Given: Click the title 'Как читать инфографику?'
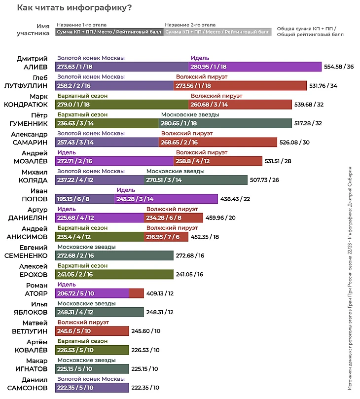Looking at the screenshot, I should (x=73, y=8).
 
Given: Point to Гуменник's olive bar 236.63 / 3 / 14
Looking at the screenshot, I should (x=107, y=123).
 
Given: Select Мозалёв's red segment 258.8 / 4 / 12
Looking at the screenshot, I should (x=217, y=161).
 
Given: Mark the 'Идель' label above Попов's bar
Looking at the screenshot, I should (x=123, y=190).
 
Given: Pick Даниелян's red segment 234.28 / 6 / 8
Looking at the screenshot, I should (x=173, y=218).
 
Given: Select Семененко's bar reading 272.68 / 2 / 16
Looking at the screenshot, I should (x=114, y=255).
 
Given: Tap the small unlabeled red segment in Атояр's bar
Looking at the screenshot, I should (x=136, y=293).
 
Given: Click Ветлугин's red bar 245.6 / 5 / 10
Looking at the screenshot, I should (x=92, y=331).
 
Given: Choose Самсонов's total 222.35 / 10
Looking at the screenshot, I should (x=145, y=388).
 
